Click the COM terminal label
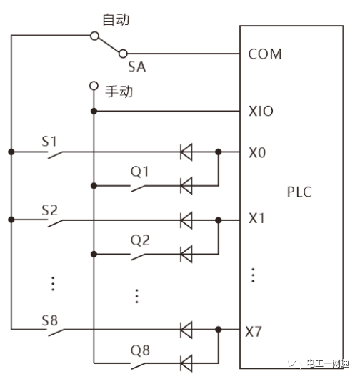(265, 54)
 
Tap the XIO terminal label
(261, 111)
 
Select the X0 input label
(257, 153)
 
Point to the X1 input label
(256, 218)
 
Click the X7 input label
(254, 331)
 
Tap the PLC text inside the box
(299, 192)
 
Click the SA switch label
(137, 67)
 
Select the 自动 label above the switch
(116, 19)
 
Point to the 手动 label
(119, 92)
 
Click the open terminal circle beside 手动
(94, 86)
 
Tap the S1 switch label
(49, 142)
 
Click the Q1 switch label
(139, 172)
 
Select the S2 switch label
(49, 210)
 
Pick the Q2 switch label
(140, 240)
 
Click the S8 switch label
(49, 320)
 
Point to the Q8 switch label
(140, 350)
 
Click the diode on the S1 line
(186, 152)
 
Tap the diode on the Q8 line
(186, 363)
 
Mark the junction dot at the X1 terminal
(219, 220)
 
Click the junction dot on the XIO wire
(94, 111)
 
